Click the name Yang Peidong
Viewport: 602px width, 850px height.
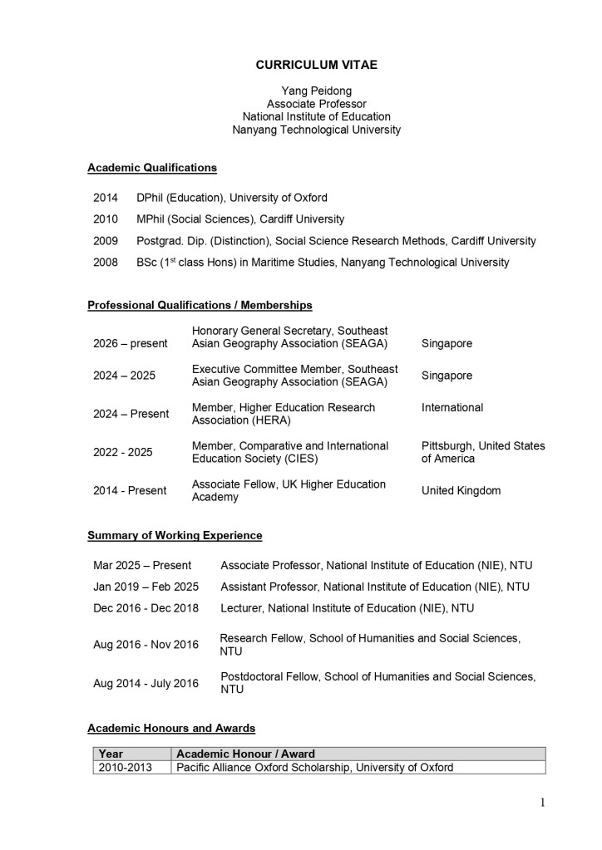[x=316, y=90]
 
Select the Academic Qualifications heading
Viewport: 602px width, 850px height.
[x=152, y=168]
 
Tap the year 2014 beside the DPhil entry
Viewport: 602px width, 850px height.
[x=106, y=198]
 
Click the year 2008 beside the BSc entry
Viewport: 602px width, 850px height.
[x=106, y=263]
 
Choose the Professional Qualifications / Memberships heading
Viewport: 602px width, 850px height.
[x=200, y=306]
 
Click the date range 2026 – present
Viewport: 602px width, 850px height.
[x=130, y=343]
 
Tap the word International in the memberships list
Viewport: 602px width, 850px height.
[x=452, y=408]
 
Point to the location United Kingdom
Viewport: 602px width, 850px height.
[x=461, y=491]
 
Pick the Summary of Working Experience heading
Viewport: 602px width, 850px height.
[x=175, y=536]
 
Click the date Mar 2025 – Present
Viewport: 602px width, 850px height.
[x=142, y=566]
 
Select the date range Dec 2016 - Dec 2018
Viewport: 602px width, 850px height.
[x=146, y=608]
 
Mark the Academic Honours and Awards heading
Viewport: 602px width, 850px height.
[x=171, y=729]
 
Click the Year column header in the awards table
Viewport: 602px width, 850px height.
[x=111, y=754]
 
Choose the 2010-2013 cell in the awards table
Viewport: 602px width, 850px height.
[x=126, y=768]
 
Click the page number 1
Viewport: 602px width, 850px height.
[x=543, y=803]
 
